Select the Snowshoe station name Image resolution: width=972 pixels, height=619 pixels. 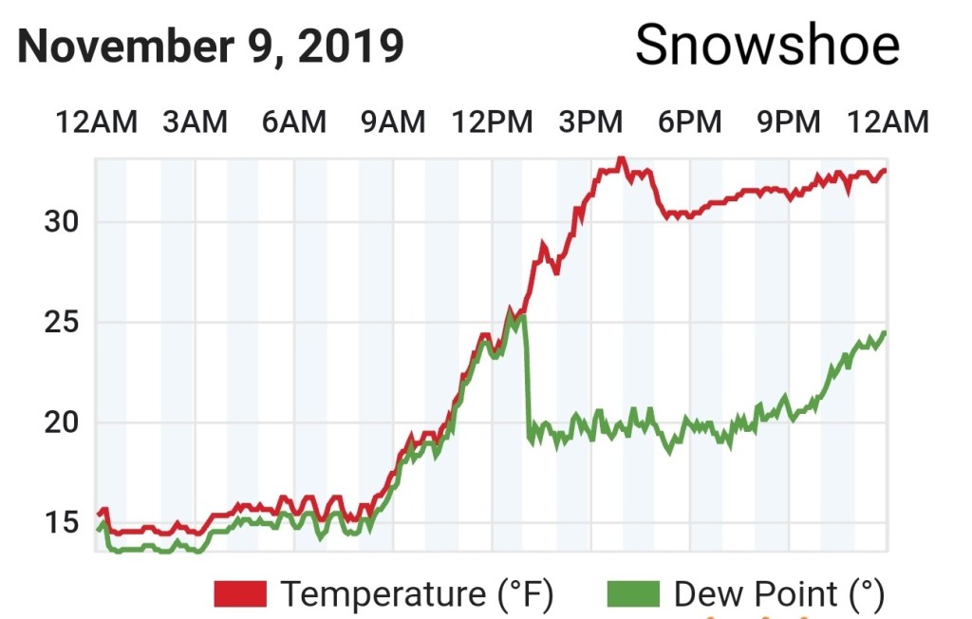767,45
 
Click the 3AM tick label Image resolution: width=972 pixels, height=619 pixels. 195,122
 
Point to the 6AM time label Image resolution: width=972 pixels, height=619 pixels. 294,122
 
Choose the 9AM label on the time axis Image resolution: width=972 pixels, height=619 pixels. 393,122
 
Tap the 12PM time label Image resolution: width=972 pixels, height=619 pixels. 493,122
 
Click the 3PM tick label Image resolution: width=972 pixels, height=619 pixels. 590,122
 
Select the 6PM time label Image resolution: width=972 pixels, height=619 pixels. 690,122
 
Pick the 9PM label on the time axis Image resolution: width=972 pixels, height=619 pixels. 788,122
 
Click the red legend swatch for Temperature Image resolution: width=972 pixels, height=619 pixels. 242,594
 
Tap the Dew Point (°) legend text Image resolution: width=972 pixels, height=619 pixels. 779,594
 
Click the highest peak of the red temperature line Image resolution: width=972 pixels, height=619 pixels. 621,159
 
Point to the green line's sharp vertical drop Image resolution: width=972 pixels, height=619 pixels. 526,380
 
